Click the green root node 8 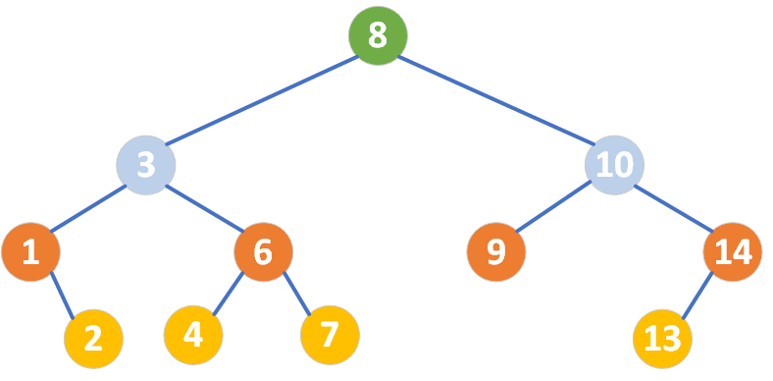(378, 37)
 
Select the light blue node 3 (145, 164)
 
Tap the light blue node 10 (614, 164)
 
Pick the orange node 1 (30, 252)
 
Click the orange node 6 (263, 252)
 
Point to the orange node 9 (496, 252)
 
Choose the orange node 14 (732, 252)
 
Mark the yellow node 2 (93, 338)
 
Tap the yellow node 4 (193, 336)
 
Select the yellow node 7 (330, 336)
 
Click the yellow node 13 (663, 339)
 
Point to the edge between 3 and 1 (88, 207)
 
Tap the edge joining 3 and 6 (204, 208)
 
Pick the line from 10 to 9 (555, 208)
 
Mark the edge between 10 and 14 (673, 208)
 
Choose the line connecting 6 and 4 (229, 294)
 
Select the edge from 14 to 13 (697, 296)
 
